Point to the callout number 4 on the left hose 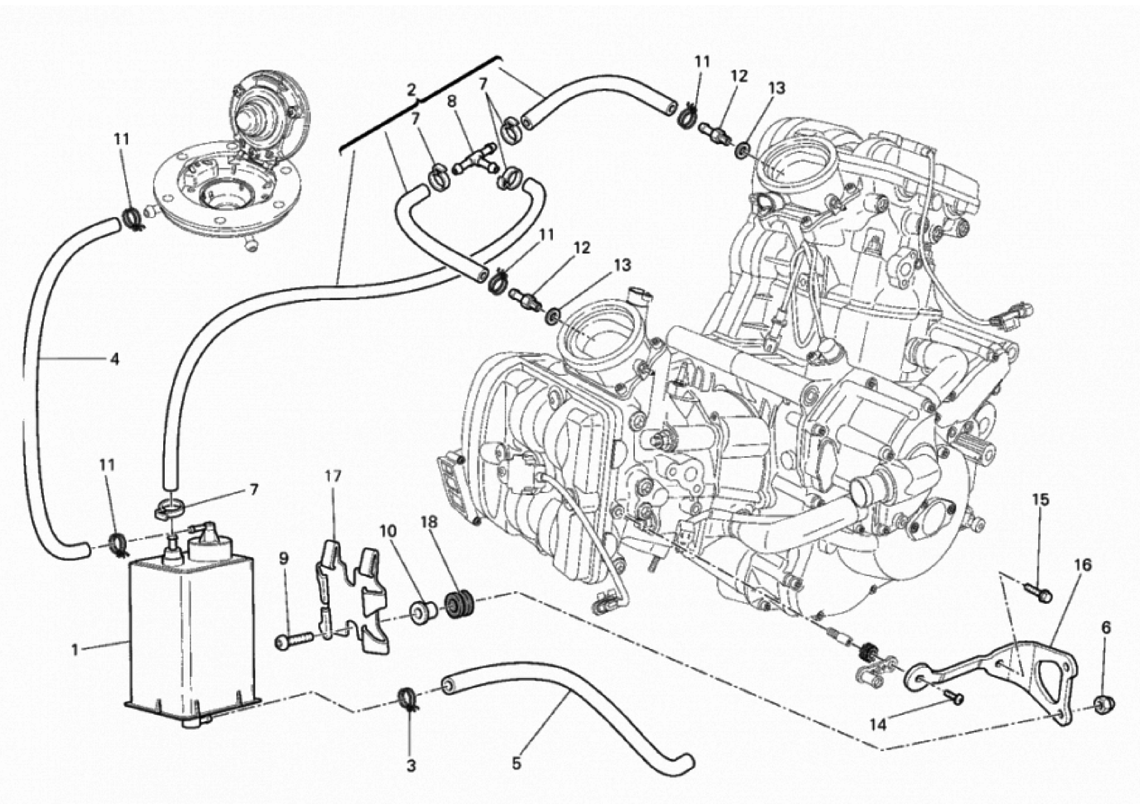pyautogui.click(x=115, y=359)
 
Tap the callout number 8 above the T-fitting pyautogui.click(x=451, y=102)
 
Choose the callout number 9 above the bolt pyautogui.click(x=283, y=559)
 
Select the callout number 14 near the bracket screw pyautogui.click(x=878, y=725)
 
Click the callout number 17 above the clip pyautogui.click(x=333, y=476)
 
